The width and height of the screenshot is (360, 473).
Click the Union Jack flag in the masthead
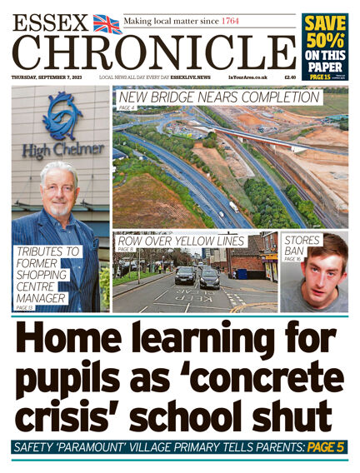(107, 23)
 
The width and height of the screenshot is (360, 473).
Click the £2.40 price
(290, 77)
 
